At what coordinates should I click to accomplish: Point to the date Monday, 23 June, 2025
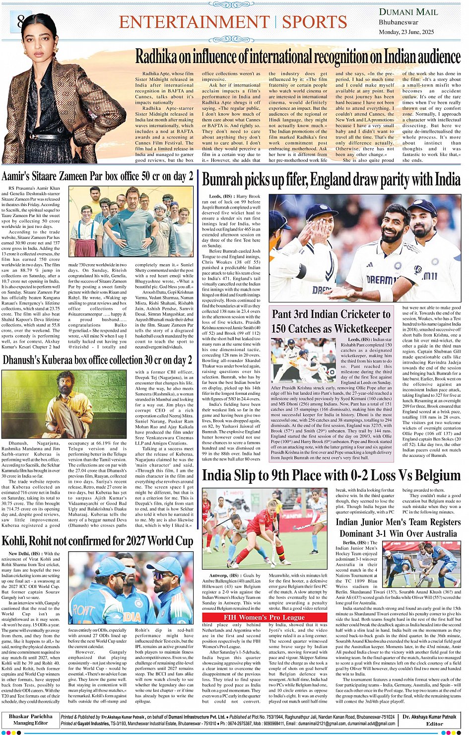pos(406,32)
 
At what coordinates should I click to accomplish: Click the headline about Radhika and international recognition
pos(298,57)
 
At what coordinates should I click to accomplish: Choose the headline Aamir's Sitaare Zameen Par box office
pos(97,176)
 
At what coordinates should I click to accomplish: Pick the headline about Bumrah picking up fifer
pos(331,179)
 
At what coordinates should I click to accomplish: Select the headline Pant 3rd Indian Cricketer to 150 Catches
pos(331,321)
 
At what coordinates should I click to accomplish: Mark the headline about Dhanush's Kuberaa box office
pos(97,360)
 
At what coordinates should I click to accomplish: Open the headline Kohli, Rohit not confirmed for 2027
pos(97,541)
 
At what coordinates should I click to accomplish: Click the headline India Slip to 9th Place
pos(331,475)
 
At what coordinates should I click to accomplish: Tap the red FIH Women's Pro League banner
pos(264,617)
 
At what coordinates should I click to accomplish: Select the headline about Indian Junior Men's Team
pos(398,527)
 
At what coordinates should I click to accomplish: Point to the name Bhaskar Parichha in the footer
pos(30,717)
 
